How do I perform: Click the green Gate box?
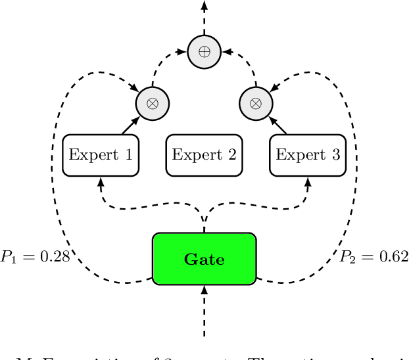click(204, 259)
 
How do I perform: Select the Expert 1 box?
click(101, 156)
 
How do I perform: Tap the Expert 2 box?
click(204, 156)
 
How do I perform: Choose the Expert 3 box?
click(308, 156)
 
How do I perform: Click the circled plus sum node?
click(204, 51)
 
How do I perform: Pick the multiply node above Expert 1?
click(153, 103)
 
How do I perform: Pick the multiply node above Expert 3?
click(256, 103)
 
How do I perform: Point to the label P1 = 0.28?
click(35, 257)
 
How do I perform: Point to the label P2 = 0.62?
click(373, 257)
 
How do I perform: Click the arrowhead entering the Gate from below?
click(204, 289)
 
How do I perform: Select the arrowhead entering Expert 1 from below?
click(101, 181)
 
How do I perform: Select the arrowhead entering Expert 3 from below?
click(308, 181)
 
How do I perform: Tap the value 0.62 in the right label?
click(391, 257)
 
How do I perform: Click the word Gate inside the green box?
click(204, 259)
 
